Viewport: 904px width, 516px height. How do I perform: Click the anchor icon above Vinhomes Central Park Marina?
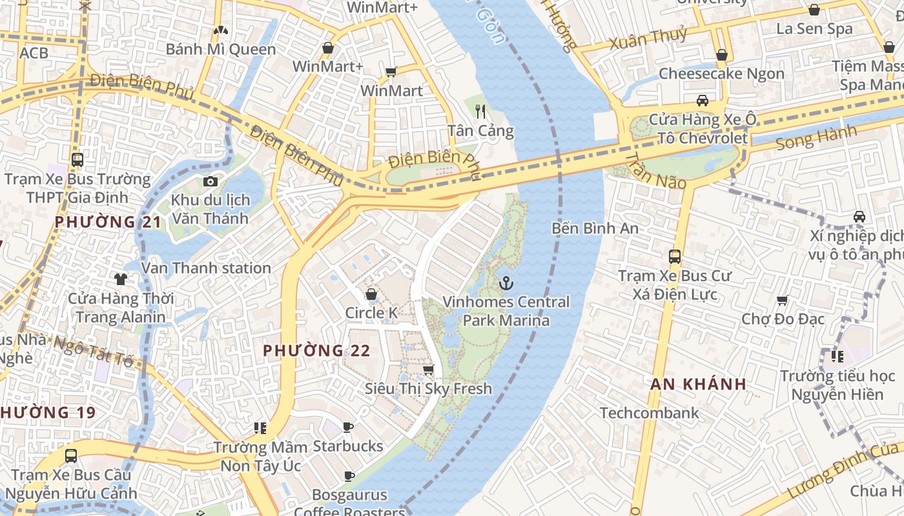[x=507, y=283]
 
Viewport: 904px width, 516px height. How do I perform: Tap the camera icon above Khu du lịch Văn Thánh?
[x=211, y=181]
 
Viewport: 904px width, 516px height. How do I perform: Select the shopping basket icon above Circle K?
[x=371, y=294]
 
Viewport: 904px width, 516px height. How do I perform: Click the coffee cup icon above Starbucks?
[x=348, y=427]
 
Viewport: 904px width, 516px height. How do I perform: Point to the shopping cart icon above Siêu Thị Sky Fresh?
[x=428, y=370]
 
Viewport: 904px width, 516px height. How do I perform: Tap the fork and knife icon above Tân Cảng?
[x=480, y=112]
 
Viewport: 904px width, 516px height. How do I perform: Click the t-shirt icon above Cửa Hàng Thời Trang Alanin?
[x=121, y=279]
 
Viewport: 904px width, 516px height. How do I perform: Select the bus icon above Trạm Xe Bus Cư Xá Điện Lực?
[x=675, y=256]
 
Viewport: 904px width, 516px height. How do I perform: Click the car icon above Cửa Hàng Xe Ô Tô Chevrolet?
[x=703, y=100]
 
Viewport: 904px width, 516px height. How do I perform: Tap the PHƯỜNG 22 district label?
[x=316, y=351]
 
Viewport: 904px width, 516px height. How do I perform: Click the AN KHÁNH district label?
[x=698, y=384]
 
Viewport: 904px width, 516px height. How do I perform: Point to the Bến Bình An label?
[x=595, y=228]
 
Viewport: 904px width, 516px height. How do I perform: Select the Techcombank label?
[x=649, y=413]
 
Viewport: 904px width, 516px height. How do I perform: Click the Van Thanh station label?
[x=206, y=268]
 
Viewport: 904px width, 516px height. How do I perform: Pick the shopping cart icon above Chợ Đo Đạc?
[x=783, y=300]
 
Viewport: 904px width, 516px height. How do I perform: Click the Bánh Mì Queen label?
[x=221, y=49]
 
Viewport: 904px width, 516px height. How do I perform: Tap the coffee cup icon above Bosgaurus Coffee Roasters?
[x=349, y=476]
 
